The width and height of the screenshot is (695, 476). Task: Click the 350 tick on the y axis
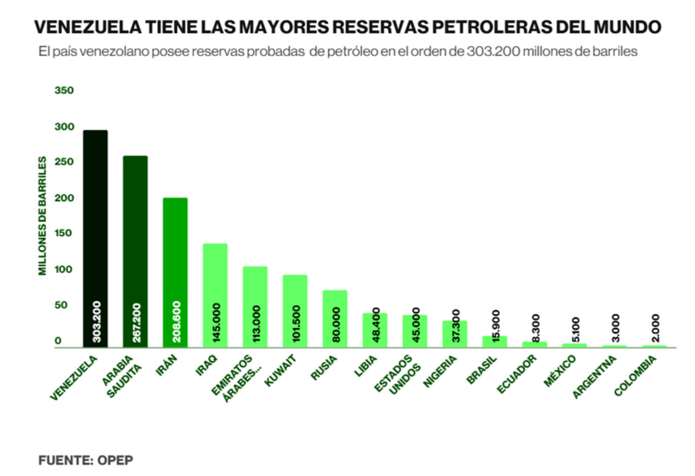pyautogui.click(x=64, y=91)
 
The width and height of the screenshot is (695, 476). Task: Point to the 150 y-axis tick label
pyautogui.click(x=64, y=234)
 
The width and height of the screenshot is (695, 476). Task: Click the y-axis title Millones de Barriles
pyautogui.click(x=42, y=216)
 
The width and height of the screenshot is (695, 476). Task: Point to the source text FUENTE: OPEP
pyautogui.click(x=85, y=460)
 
